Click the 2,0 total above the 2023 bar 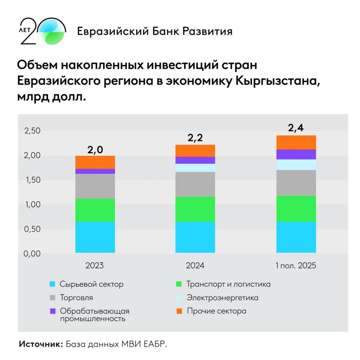[95, 150]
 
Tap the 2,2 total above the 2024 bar [195, 138]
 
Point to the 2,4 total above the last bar [296, 128]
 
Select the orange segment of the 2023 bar [95, 162]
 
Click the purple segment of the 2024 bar [195, 160]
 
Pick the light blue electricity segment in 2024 [195, 168]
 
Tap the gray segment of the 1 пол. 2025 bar [296, 183]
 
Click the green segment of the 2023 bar [95, 210]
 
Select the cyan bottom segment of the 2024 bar [195, 237]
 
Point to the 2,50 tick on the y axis [32, 131]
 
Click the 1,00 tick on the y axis [32, 204]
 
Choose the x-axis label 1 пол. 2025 [296, 266]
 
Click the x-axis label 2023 [94, 266]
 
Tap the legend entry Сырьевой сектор [91, 284]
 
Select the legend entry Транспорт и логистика [228, 284]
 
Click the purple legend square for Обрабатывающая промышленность [53, 311]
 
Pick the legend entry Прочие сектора [216, 311]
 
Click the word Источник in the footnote [41, 344]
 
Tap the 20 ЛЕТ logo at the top [42, 31]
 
